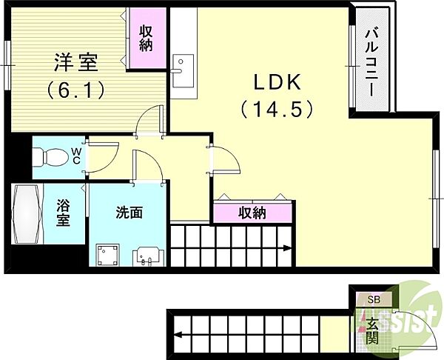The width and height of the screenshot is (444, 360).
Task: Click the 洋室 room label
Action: coord(75,62)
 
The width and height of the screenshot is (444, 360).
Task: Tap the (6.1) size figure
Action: coord(75,90)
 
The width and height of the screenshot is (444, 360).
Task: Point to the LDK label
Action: coord(277,82)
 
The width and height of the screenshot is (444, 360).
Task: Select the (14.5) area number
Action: coord(277,109)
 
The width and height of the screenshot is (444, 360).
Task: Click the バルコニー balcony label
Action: coord(371,63)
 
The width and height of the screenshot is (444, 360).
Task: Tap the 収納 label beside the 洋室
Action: coord(146,39)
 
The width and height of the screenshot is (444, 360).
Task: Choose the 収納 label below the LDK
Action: coord(252,213)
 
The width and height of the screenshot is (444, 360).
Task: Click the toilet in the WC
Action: coord(50,157)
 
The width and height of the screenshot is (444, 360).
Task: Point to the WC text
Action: coord(75,156)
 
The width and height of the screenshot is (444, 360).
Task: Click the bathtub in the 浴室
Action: coord(26,214)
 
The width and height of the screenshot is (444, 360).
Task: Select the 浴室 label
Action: coord(63,213)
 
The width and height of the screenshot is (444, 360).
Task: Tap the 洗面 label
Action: coord(129,213)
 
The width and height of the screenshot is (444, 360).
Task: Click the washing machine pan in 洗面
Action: coord(107,255)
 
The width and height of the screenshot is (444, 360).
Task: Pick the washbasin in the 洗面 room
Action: coord(148,256)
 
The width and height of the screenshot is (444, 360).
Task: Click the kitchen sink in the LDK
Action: coord(183,71)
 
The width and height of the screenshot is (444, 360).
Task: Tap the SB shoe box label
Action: coord(374,299)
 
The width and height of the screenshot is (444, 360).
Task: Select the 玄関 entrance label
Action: coord(371,330)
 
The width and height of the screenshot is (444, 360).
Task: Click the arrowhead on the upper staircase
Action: coord(287,248)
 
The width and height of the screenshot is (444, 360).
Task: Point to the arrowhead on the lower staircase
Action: coord(178,335)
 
